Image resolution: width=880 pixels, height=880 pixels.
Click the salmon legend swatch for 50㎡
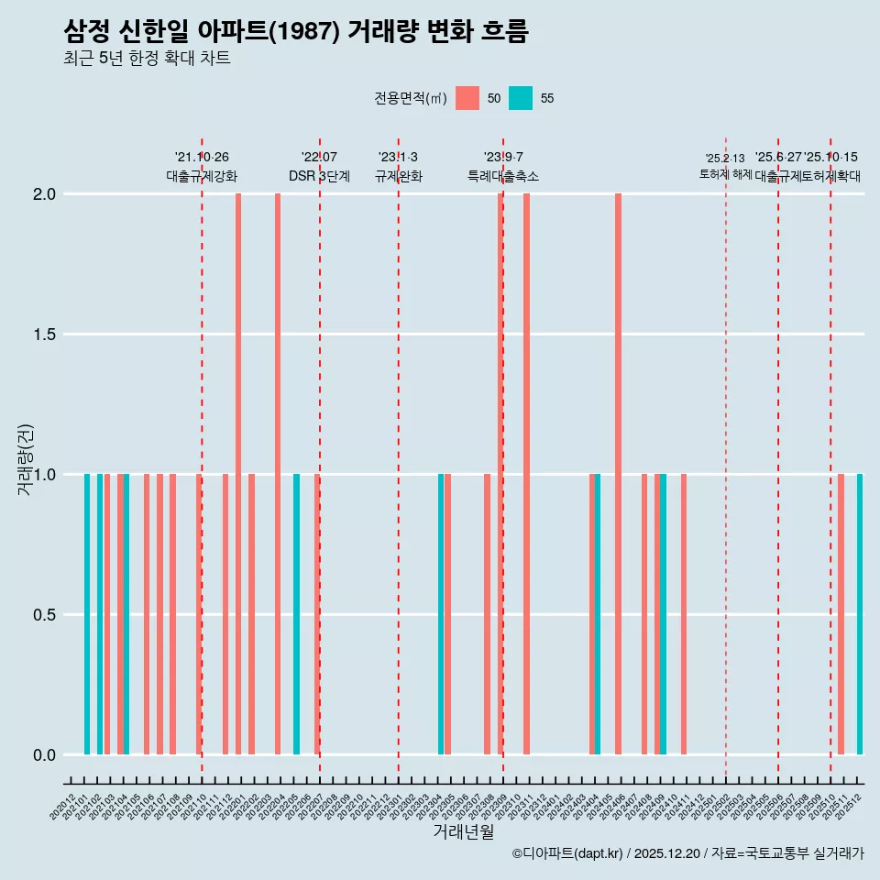467,98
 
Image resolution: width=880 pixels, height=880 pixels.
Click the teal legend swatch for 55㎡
521,98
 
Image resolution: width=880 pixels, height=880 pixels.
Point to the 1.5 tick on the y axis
43,335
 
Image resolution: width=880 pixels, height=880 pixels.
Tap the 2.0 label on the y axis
43,194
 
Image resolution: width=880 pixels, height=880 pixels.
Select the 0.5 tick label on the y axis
43,615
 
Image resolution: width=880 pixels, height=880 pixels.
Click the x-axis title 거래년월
463,832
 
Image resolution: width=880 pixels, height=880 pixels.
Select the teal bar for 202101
87,614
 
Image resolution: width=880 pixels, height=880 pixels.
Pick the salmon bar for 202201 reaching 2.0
238,474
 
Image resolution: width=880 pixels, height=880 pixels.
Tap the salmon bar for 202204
278,474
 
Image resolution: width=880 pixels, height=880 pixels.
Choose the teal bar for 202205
296,614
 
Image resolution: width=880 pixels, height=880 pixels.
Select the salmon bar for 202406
619,474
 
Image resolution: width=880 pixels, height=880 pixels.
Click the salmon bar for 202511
841,614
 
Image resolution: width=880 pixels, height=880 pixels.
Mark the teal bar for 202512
860,614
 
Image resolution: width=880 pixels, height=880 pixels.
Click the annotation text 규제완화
399,176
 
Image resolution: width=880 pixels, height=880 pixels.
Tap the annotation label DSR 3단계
319,176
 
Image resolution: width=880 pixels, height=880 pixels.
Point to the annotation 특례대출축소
503,176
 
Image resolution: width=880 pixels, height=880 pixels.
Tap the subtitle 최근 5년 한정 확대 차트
147,59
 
